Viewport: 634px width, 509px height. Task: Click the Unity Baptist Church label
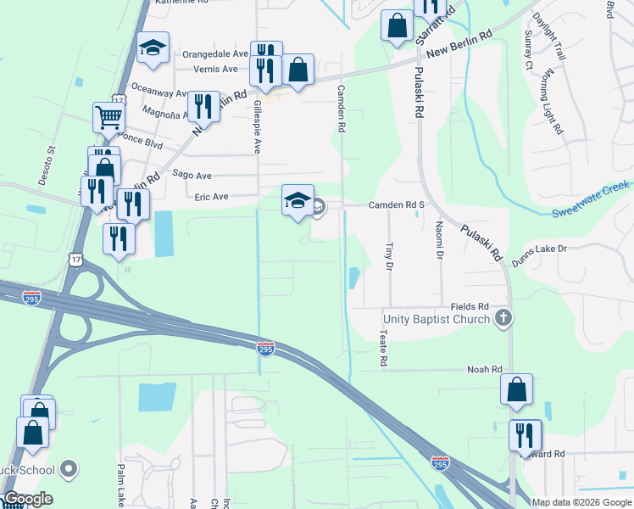click(x=436, y=319)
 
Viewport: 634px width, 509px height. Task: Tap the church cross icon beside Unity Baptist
click(x=503, y=319)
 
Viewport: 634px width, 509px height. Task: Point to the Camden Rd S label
click(x=395, y=205)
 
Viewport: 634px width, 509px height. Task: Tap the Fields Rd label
click(x=470, y=306)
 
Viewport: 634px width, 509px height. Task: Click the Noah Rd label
click(x=485, y=370)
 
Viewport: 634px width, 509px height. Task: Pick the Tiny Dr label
click(x=389, y=256)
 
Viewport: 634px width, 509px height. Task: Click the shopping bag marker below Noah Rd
click(x=516, y=390)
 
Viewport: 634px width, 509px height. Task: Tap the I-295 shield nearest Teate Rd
click(x=265, y=349)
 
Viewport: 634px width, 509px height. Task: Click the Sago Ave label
click(x=192, y=175)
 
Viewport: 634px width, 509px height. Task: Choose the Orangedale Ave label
click(x=216, y=53)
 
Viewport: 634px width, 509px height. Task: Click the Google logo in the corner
click(x=27, y=499)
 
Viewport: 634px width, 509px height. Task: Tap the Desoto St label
click(x=50, y=162)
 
